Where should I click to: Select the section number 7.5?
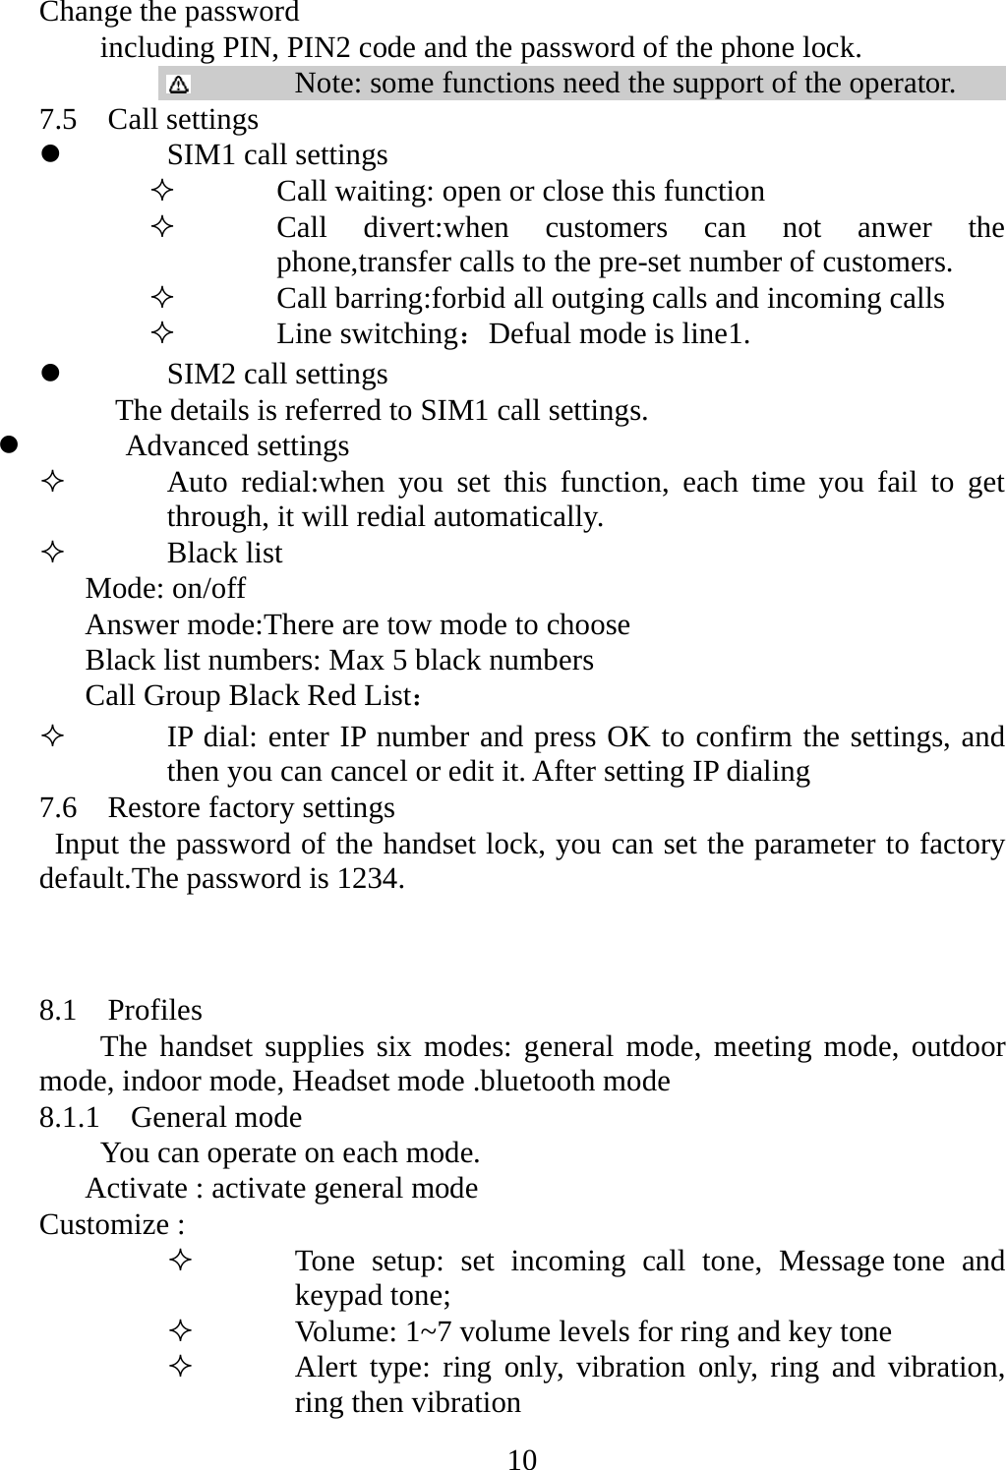click(58, 120)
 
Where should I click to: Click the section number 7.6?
click(58, 808)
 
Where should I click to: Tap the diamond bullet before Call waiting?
click(163, 191)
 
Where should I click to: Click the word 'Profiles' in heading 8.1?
click(154, 1011)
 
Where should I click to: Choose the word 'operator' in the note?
click(902, 83)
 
